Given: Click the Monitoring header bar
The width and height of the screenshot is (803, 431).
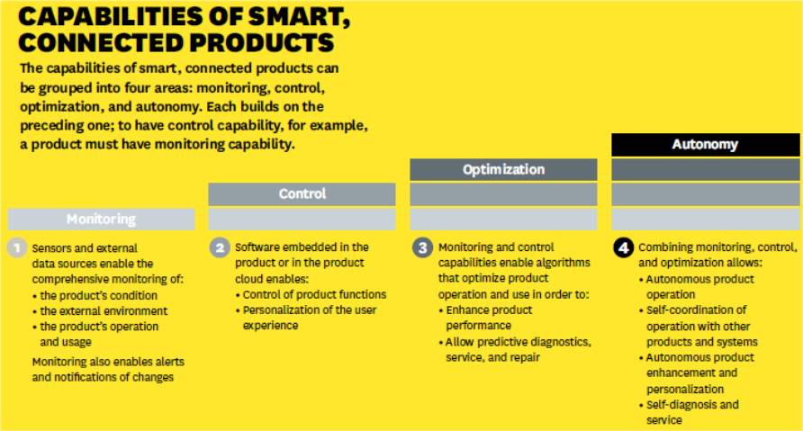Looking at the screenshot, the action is (102, 219).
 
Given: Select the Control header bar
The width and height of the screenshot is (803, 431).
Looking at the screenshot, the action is (302, 194).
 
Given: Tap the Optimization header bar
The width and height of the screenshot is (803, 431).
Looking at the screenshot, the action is (503, 169).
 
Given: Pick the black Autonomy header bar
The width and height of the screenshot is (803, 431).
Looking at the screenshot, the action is (706, 145).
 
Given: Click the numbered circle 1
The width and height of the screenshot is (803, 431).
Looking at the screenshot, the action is (17, 248).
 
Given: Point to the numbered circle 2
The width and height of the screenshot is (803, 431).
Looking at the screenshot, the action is (220, 248).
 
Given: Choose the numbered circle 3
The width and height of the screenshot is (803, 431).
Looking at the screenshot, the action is (422, 248).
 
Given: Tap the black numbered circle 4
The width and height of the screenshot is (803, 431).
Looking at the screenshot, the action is (623, 248).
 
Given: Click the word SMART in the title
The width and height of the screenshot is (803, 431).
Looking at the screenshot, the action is (298, 17).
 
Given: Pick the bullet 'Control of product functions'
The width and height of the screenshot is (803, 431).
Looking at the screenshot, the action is (314, 295).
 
